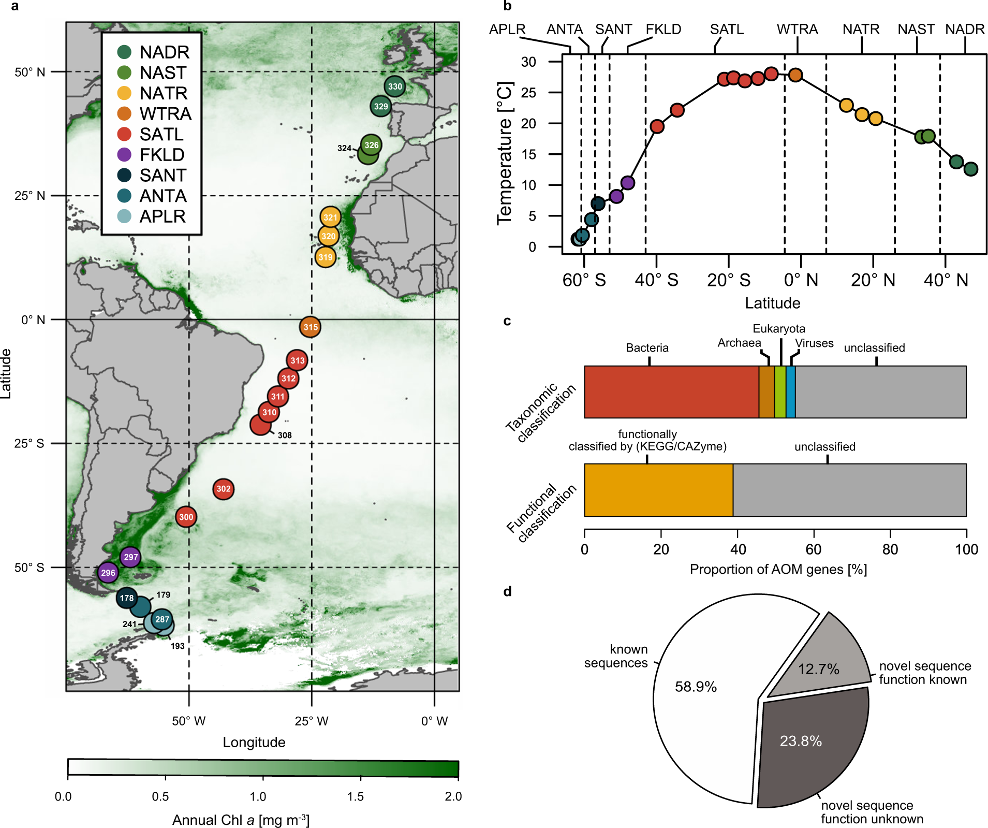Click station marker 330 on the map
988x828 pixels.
point(394,86)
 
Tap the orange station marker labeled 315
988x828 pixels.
point(310,327)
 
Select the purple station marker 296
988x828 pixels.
point(108,573)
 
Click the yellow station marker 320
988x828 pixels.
point(328,236)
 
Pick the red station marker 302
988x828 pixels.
point(223,489)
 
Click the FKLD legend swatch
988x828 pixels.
point(124,155)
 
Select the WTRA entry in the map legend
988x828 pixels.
point(165,114)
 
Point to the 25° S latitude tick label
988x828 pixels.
point(30,444)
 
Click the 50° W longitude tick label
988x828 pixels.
point(188,721)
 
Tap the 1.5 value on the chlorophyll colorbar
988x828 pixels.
point(356,796)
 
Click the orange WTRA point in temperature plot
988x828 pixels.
point(795,75)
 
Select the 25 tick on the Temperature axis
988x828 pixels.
point(528,93)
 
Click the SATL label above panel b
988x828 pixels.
point(727,30)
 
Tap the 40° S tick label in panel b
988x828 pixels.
point(656,280)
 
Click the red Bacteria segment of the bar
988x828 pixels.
point(671,392)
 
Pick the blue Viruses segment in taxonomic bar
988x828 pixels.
point(790,392)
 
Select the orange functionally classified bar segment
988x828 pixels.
point(658,490)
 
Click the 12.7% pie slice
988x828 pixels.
point(823,658)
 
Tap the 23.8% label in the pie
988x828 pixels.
point(801,741)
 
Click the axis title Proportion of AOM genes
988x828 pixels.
point(778,570)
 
